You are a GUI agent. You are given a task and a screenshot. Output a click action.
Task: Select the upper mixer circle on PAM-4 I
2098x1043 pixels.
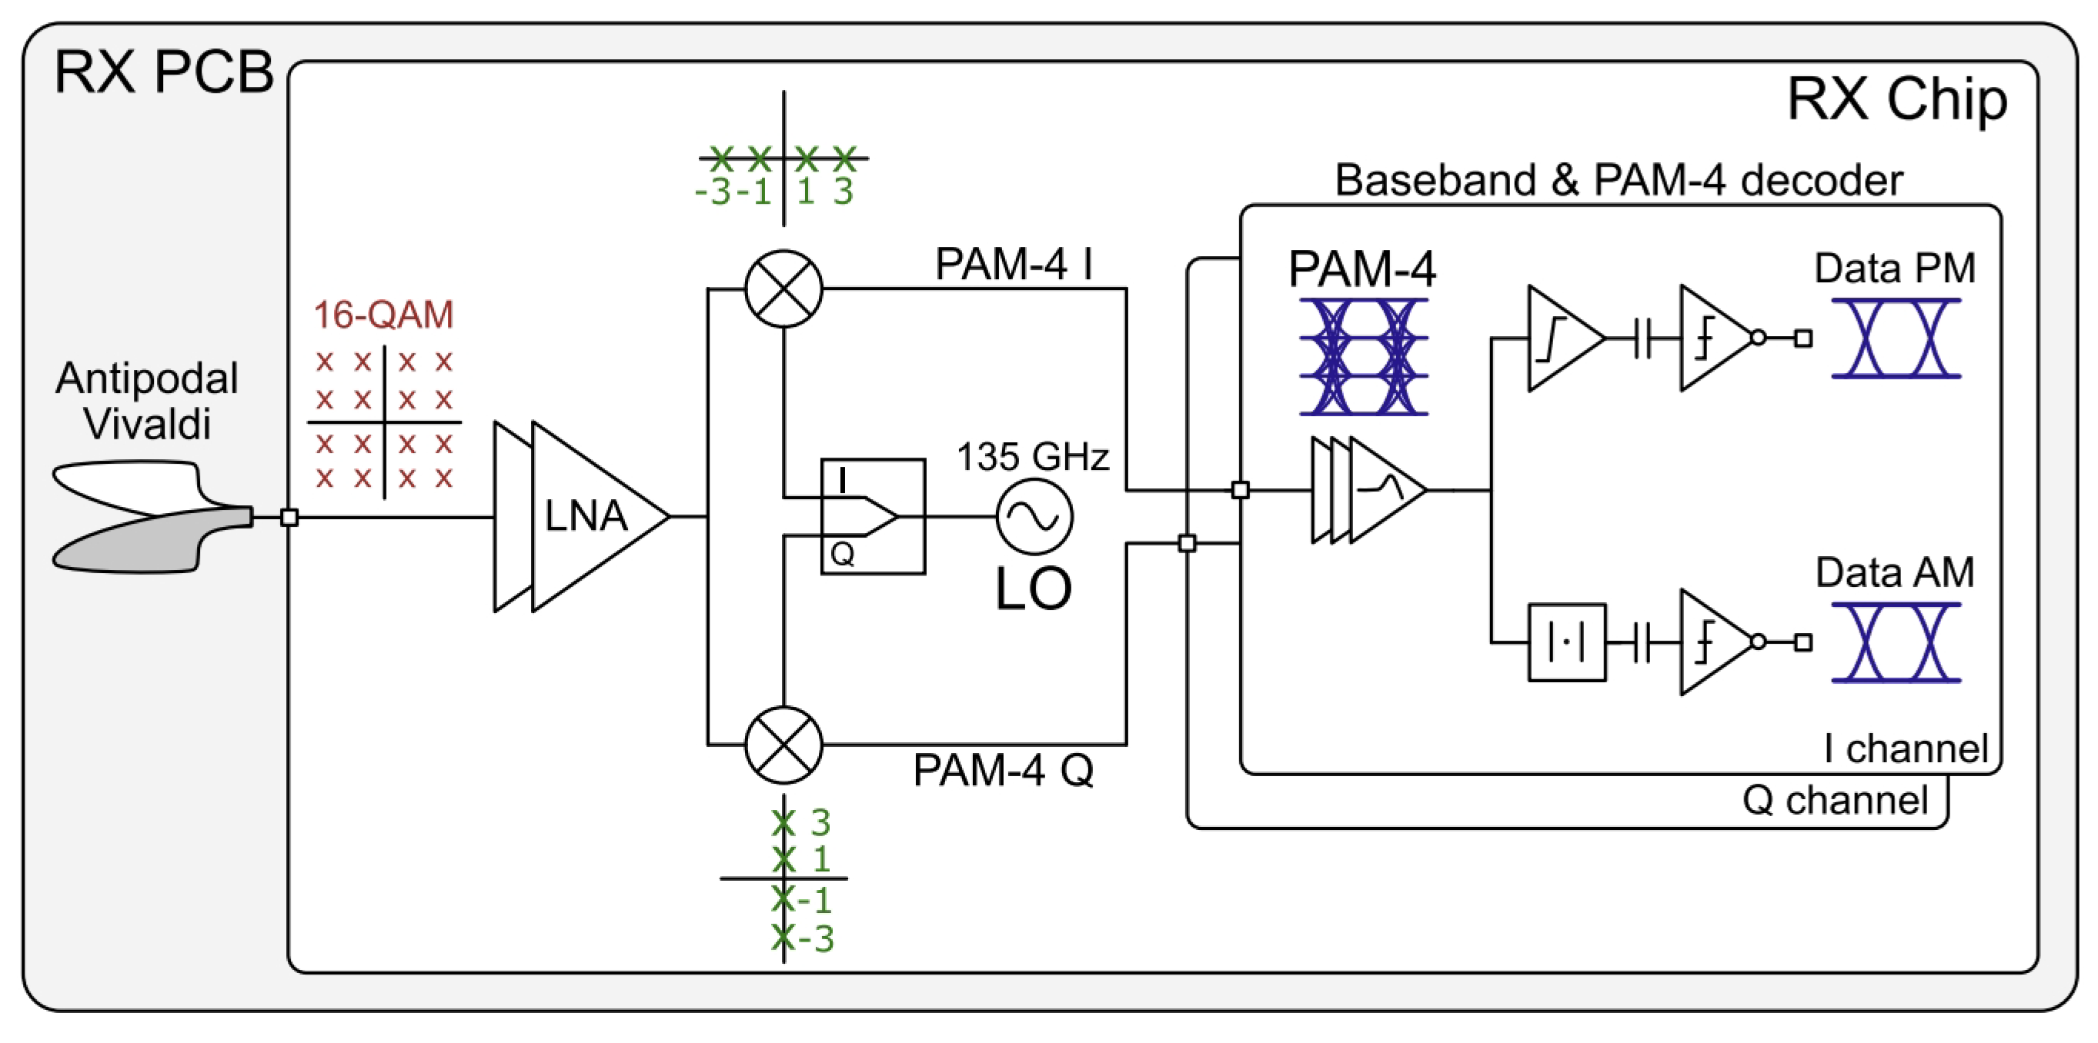tap(783, 288)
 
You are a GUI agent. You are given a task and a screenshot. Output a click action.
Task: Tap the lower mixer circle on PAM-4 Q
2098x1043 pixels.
tap(783, 745)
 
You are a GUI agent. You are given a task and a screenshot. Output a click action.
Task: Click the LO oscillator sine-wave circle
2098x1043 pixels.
tap(1034, 516)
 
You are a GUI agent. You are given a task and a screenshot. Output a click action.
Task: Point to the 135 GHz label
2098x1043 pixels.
tap(1032, 456)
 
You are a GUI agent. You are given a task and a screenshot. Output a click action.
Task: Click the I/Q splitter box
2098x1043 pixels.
tap(872, 516)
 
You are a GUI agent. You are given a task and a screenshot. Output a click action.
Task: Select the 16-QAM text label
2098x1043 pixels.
tap(383, 315)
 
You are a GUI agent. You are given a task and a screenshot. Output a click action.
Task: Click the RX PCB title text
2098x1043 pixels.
tap(163, 72)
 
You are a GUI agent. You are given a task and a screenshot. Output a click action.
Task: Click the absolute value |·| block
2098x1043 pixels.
tap(1566, 642)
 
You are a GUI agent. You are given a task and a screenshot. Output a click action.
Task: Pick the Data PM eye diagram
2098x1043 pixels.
tap(1896, 338)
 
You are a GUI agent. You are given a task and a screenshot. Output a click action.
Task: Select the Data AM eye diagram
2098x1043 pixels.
tap(1896, 642)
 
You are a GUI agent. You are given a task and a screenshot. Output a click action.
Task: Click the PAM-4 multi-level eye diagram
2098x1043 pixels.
tap(1362, 358)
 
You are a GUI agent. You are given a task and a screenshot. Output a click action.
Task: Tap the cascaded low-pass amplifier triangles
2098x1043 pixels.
tap(1368, 490)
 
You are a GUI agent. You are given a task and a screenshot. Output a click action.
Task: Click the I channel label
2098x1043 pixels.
tap(1905, 748)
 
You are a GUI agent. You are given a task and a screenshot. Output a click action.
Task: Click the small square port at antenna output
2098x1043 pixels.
tap(289, 517)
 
